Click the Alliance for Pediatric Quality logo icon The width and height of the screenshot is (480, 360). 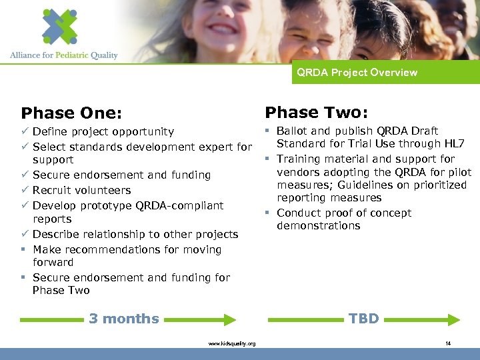[59, 26]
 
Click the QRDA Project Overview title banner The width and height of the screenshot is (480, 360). [357, 73]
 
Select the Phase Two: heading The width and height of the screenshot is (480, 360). [317, 112]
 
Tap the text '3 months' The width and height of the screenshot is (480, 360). [124, 319]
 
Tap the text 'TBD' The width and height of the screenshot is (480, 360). [363, 319]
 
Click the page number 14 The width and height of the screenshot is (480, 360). [448, 343]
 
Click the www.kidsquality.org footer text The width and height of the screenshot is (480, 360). [231, 343]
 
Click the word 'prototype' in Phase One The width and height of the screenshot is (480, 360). [106, 205]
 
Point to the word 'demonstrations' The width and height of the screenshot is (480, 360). [318, 226]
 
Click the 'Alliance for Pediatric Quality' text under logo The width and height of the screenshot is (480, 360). [64, 55]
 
